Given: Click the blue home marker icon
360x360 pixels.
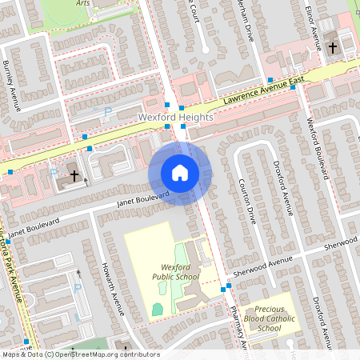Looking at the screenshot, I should pyautogui.click(x=180, y=173).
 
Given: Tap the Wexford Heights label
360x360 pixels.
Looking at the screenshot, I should pyautogui.click(x=176, y=117).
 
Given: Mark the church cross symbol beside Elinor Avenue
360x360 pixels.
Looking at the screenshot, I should pyautogui.click(x=332, y=48).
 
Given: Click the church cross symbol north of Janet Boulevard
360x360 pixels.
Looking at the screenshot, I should pyautogui.click(x=74, y=174).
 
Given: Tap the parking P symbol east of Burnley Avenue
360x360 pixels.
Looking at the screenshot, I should pyautogui.click(x=108, y=113).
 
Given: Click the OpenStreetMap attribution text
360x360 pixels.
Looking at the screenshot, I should pyautogui.click(x=80, y=354).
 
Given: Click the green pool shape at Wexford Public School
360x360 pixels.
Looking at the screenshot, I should pyautogui.click(x=158, y=309).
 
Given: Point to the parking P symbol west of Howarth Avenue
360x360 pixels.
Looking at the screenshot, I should pyautogui.click(x=78, y=289).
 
